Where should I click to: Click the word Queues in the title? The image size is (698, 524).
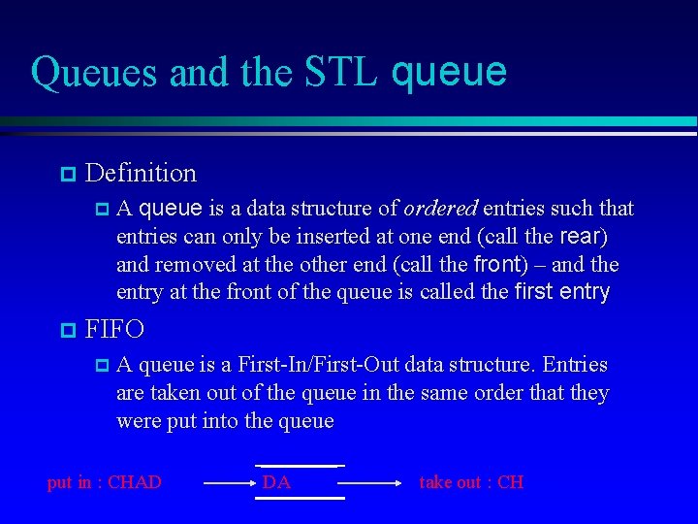pos(83,73)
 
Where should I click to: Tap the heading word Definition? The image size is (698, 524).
pos(141,174)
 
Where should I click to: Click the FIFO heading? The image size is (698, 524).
pos(114,330)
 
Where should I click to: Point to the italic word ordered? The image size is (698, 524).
pos(440,209)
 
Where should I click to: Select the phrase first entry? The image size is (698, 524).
pos(561,293)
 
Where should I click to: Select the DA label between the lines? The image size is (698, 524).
pos(276,482)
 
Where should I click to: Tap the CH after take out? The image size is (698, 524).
pos(510,482)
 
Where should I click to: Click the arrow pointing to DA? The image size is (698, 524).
pos(229,481)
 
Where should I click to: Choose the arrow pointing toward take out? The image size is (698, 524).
pos(369,481)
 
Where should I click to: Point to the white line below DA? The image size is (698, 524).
pos(299,498)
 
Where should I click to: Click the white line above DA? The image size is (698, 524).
pos(299,466)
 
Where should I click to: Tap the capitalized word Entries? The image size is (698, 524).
pos(575,366)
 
